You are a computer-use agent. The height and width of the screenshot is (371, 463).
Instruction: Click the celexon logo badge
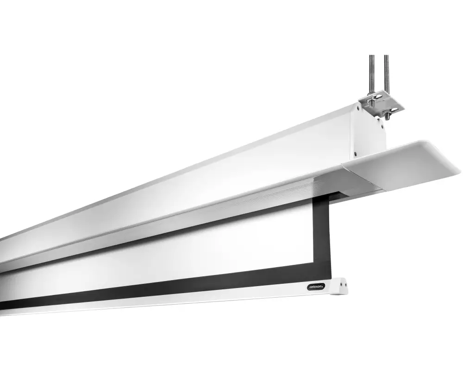point(316,287)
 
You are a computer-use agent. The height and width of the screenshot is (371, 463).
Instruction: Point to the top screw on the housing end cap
point(358,108)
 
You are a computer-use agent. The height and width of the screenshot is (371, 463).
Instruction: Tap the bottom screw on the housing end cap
point(356,154)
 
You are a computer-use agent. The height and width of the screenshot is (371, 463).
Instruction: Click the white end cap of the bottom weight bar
point(339,286)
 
